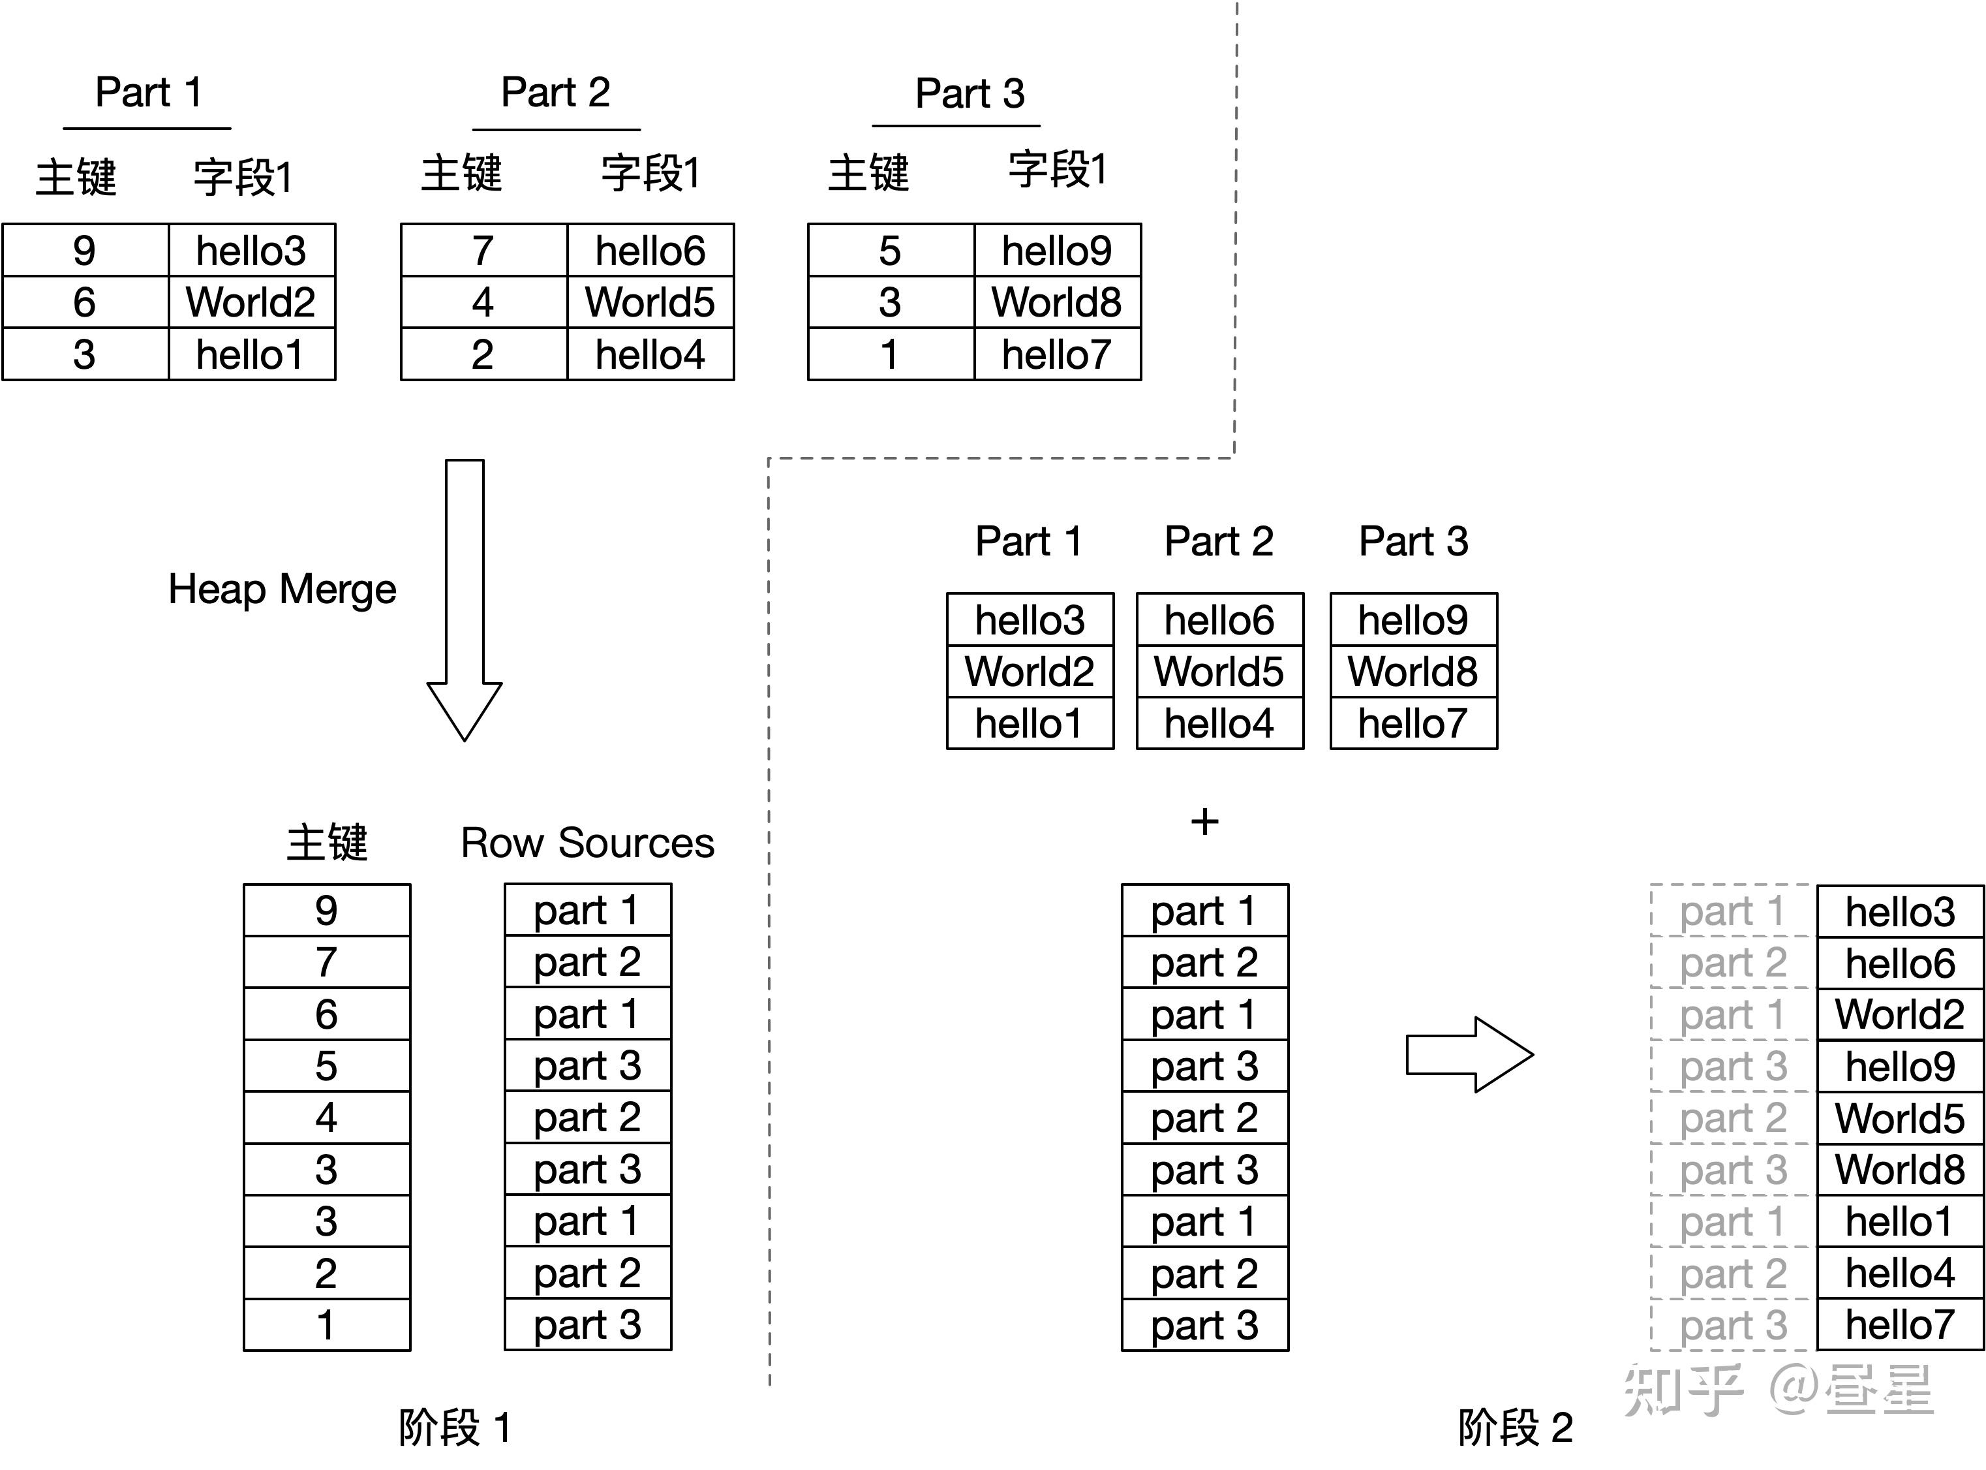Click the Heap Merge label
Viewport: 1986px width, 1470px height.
(x=282, y=589)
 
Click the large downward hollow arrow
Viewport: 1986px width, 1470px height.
(x=465, y=605)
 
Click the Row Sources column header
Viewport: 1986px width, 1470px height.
(x=587, y=843)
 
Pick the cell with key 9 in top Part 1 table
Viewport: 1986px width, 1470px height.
(x=85, y=250)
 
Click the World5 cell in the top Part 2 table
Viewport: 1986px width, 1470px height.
(x=650, y=302)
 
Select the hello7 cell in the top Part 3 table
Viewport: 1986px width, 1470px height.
(x=1056, y=354)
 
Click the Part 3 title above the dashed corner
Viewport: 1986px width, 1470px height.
(x=970, y=93)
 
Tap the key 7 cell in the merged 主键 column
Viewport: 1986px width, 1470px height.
(x=326, y=962)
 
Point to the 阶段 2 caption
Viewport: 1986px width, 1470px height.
(x=1515, y=1428)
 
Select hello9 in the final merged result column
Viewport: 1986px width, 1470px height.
(x=1900, y=1066)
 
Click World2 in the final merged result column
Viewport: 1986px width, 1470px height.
(x=1900, y=1014)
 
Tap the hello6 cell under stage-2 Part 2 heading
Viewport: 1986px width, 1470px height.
(x=1219, y=619)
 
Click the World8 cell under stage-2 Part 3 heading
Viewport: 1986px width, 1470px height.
(x=1413, y=672)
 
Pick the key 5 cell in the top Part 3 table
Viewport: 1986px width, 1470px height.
(x=891, y=250)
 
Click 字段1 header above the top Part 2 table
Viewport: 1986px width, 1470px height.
(x=650, y=172)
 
